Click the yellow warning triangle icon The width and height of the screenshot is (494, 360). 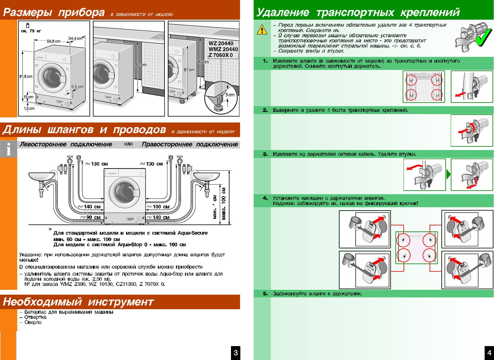point(262,29)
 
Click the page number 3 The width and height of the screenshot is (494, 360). point(236,352)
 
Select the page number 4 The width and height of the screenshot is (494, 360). point(489,352)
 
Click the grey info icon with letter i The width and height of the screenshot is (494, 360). point(8,149)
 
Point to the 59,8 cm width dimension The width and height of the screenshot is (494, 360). point(53,41)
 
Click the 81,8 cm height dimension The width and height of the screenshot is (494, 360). point(26,77)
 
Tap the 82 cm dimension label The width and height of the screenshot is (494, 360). point(141,65)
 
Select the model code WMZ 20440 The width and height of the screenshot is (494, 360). point(223,49)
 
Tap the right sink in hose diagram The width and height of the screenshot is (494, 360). point(207,176)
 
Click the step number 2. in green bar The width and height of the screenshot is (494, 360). point(265,110)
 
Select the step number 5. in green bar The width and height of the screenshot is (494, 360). point(265,294)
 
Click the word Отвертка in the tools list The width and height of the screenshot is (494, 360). point(35,317)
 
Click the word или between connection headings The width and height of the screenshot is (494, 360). point(128,144)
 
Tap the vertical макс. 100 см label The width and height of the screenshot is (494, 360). point(224,203)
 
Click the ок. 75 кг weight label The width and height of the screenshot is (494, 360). point(31,31)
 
